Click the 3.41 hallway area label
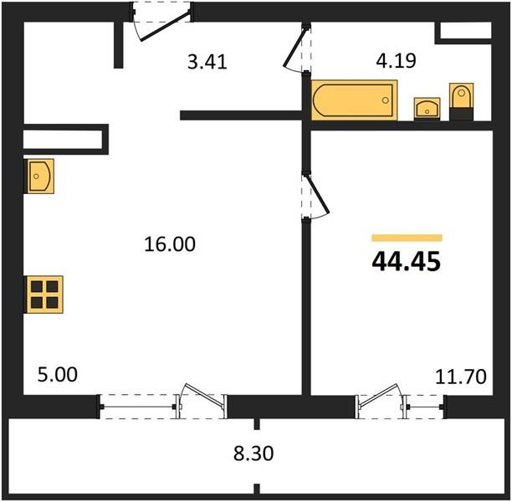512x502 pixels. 207,62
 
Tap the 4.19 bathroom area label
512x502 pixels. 396,61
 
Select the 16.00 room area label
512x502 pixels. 170,244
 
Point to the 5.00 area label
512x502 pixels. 58,375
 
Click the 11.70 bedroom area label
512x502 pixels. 461,376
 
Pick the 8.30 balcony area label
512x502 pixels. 253,453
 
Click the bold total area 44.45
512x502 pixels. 407,262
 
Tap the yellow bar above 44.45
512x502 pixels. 407,238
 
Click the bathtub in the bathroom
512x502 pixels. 354,100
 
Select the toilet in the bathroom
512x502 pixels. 462,101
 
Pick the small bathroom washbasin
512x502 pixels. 428,109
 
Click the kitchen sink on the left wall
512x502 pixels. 39,176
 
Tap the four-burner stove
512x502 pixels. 44,295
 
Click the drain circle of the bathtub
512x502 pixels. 386,100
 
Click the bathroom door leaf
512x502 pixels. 294,47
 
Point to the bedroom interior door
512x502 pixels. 317,195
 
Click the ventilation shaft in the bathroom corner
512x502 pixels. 465,31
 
